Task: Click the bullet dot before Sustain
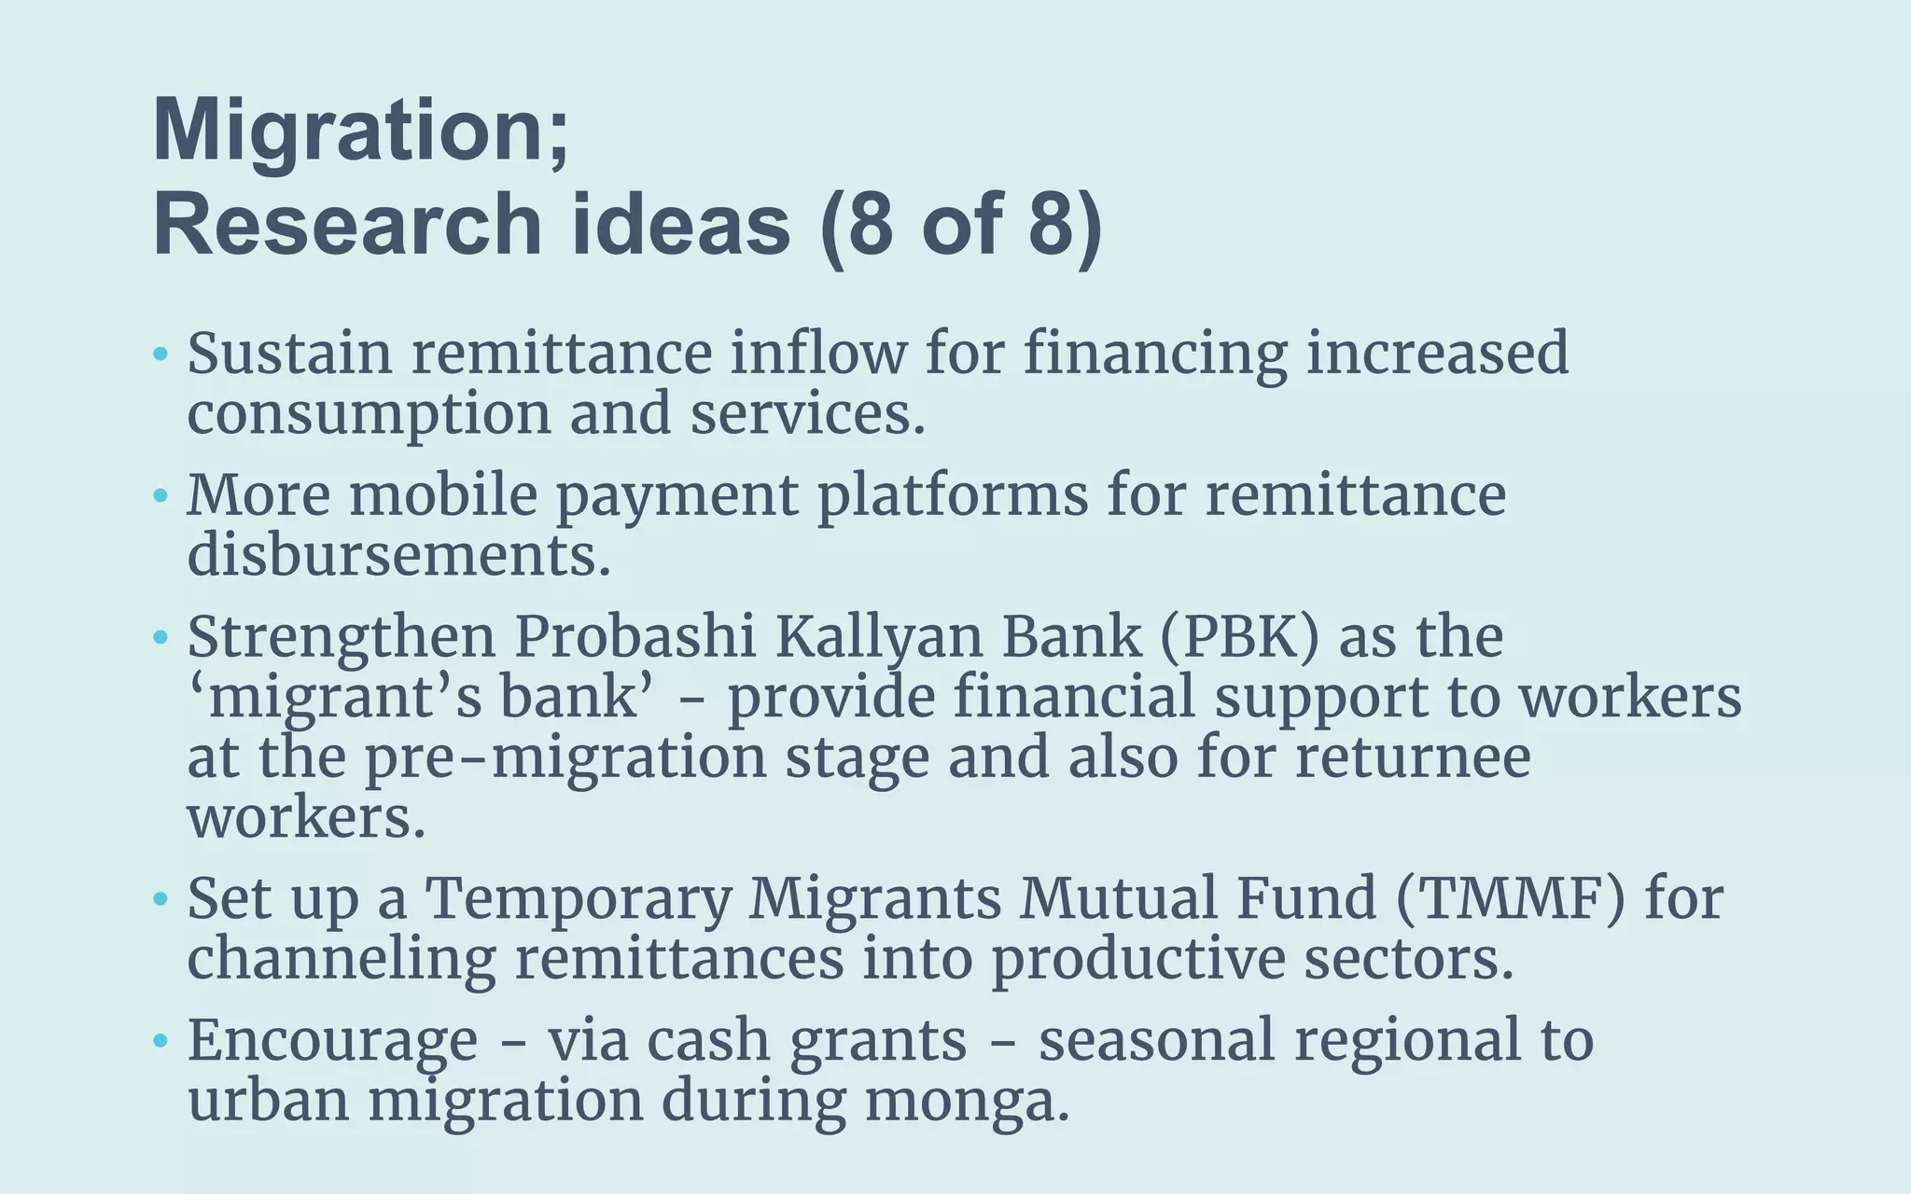160,354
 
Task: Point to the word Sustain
289,354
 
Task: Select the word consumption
370,414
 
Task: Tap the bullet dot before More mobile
160,495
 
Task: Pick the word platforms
953,495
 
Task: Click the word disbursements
398,556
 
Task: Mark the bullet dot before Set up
160,899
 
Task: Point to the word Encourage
332,1041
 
